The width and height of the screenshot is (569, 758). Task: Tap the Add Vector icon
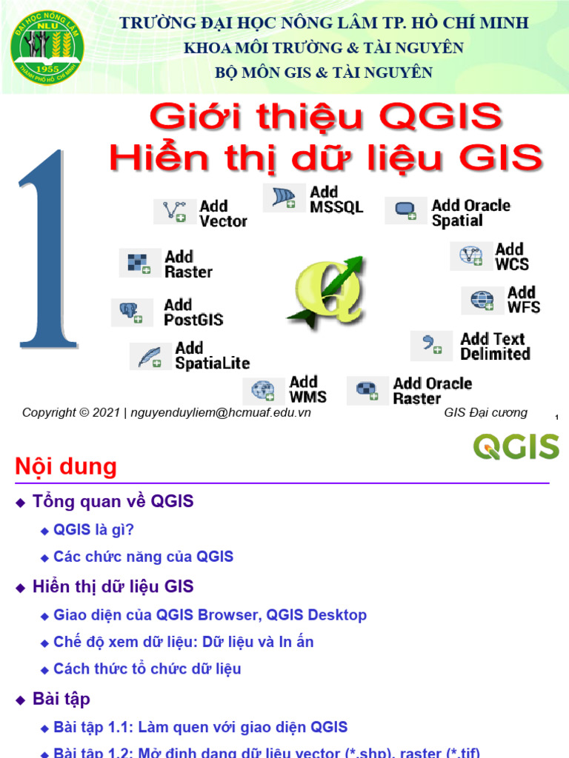[175, 212]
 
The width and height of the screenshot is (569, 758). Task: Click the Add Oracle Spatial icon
[405, 211]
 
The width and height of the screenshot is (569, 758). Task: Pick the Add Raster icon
[139, 264]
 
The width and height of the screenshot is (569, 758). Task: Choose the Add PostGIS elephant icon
[132, 312]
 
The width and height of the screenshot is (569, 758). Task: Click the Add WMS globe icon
[263, 390]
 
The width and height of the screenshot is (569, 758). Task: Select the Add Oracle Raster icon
[367, 390]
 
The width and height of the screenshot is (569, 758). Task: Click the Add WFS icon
[482, 300]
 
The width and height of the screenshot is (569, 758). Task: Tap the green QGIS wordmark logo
[516, 447]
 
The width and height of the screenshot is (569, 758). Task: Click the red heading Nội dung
[66, 467]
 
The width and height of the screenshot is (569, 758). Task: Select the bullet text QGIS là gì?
[93, 529]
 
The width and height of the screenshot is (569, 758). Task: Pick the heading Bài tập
[61, 699]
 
